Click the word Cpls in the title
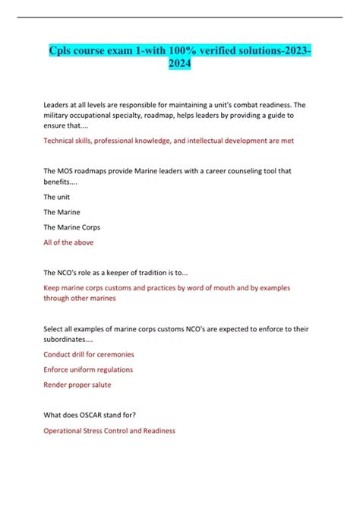[63, 52]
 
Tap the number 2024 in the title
[179, 65]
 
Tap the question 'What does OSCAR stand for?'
[95, 415]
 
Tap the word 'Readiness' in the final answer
[157, 430]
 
